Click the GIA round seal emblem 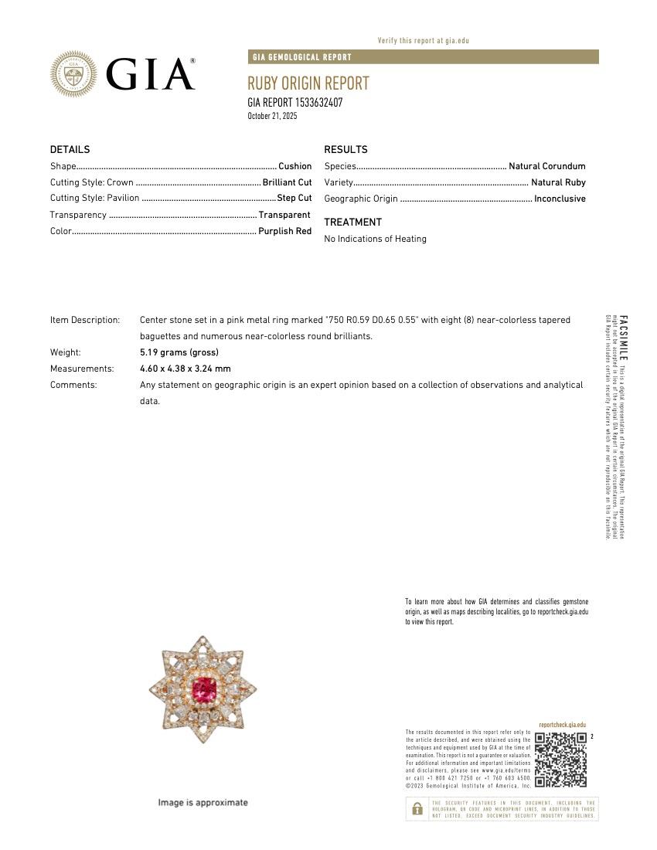pos(74,74)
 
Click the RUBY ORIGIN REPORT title pos(308,83)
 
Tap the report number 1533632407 pos(315,103)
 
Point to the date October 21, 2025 pos(272,116)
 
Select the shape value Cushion pos(294,166)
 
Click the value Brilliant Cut pos(287,182)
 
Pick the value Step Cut pos(294,199)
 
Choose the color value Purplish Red pos(284,231)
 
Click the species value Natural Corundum pos(546,166)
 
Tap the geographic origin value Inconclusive pos(560,199)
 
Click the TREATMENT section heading pos(352,223)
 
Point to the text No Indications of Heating pos(375,239)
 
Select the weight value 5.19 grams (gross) pos(179,352)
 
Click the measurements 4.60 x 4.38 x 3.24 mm pos(185,369)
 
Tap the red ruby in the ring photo pos(204,687)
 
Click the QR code pos(560,760)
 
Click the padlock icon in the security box pos(417,809)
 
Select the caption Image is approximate pos(203,803)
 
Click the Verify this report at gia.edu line pos(423,40)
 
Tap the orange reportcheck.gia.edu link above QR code pos(562,725)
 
